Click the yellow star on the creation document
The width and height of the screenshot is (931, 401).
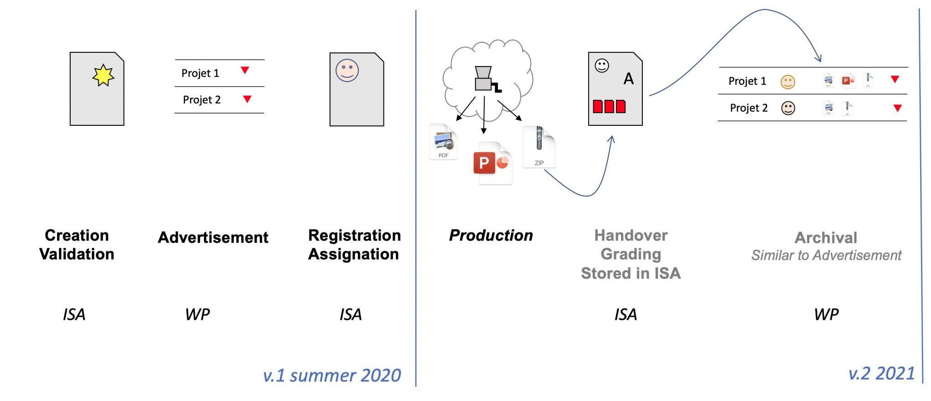click(103, 75)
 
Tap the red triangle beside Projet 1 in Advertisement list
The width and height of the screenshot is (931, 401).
click(245, 70)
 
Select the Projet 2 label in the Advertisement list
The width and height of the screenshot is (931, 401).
click(202, 100)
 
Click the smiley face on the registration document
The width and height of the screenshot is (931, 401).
click(347, 71)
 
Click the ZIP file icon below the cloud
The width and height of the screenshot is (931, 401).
click(539, 146)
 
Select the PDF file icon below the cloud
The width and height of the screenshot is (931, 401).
click(444, 142)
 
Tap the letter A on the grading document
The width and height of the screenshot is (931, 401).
click(629, 79)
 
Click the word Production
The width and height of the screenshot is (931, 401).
click(491, 235)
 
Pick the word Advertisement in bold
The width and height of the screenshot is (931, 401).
click(213, 237)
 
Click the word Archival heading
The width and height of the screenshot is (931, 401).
click(826, 237)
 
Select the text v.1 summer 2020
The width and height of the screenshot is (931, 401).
click(332, 375)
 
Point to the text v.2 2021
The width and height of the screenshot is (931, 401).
click(881, 374)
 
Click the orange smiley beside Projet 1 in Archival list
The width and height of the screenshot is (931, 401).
click(788, 82)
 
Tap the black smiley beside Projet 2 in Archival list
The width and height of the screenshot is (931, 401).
click(788, 108)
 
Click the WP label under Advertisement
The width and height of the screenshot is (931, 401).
click(197, 314)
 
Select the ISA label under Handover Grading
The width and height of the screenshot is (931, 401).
click(625, 314)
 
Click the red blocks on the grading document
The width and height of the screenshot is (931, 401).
click(609, 106)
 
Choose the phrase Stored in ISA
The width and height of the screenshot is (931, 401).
click(631, 273)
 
